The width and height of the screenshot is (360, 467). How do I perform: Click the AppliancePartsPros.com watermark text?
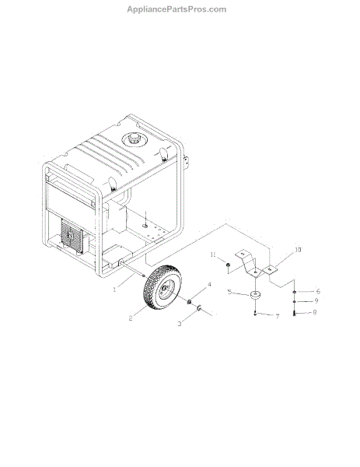point(177,9)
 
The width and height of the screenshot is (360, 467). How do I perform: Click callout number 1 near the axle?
point(114,290)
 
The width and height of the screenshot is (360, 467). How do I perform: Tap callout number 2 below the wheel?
point(131,318)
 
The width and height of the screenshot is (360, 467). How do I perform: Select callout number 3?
point(180,324)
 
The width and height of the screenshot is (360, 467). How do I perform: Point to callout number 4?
point(209,285)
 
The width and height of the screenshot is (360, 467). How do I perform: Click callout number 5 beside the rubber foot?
point(229,292)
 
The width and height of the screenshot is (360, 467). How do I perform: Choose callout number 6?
point(318,292)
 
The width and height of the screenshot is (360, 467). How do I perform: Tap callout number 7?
point(278,317)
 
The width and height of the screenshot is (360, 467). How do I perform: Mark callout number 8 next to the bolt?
point(314,312)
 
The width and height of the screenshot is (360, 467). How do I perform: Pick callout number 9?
point(316,300)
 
